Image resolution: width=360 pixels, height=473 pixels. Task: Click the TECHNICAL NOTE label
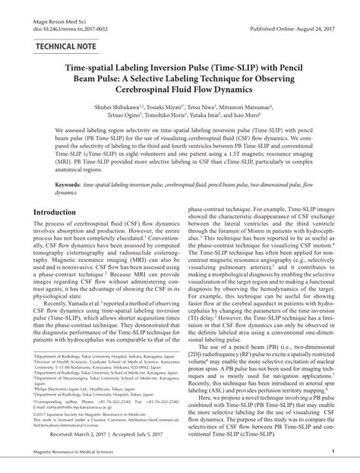click(x=62, y=46)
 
